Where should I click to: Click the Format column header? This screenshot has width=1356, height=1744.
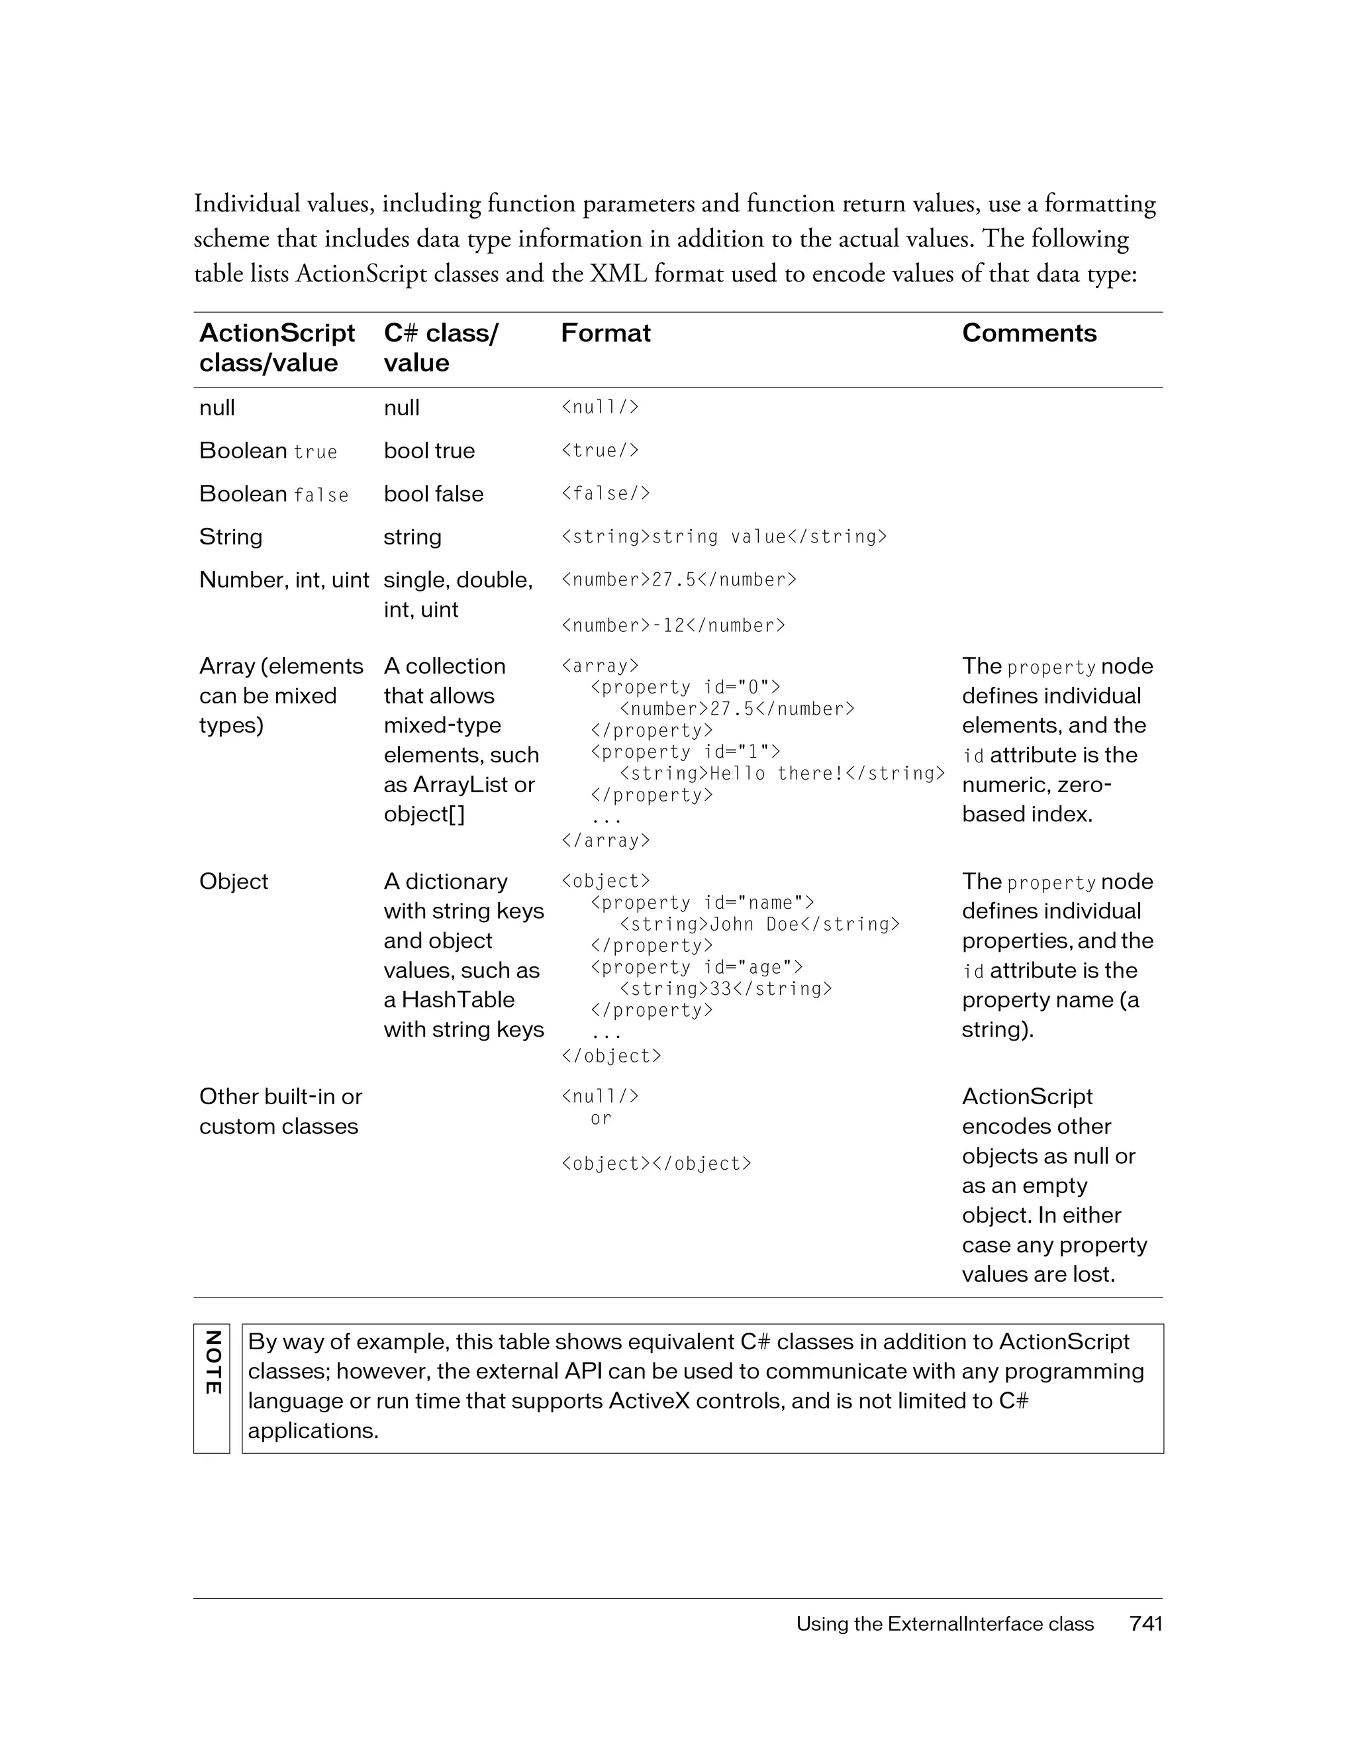pos(606,333)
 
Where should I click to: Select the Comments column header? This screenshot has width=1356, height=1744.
pos(1029,333)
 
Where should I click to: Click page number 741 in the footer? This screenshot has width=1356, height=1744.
pos(1145,1623)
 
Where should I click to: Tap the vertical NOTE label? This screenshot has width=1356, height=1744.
pos(213,1362)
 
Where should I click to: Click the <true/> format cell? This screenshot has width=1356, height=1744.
pos(600,450)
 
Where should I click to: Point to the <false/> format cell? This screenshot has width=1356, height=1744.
pos(606,493)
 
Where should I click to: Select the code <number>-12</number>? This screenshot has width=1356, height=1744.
pos(673,625)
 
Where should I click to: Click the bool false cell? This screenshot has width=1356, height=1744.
pos(434,493)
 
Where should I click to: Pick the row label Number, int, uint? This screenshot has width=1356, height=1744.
pos(284,580)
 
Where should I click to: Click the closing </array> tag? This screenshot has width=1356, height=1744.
pos(606,840)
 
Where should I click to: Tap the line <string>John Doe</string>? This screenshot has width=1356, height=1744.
pos(760,924)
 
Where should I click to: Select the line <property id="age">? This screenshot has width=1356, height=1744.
pos(697,967)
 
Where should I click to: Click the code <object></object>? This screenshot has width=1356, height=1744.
pos(656,1164)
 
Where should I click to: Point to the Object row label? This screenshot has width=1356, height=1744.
pos(234,882)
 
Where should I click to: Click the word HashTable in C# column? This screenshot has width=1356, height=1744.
pos(458,1000)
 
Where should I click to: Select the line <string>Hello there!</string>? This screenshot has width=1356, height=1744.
pos(782,773)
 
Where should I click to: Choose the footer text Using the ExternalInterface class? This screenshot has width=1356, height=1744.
pos(944,1623)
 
